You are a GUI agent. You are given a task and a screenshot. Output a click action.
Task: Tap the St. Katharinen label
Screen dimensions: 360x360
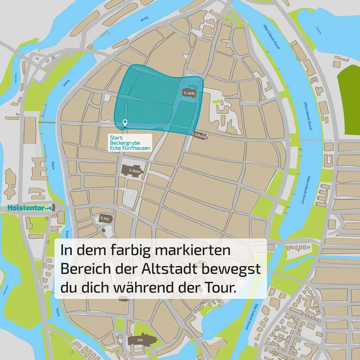click(x=199, y=135)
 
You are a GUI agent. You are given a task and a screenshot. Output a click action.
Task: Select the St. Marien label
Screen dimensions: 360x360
click(x=132, y=171)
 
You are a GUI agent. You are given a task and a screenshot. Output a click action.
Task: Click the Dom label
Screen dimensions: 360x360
click(x=139, y=340)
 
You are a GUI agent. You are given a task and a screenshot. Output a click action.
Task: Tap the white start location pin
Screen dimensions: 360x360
click(x=125, y=123)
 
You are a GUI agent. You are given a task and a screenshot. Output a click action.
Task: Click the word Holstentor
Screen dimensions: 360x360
click(x=26, y=208)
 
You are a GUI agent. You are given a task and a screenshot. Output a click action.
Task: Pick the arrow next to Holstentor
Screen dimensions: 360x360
click(x=49, y=208)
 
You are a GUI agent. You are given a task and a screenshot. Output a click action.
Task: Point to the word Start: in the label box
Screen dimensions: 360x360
click(x=115, y=138)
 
